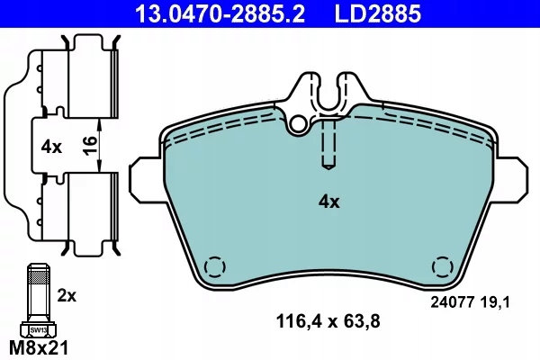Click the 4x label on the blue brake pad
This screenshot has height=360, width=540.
pyautogui.click(x=328, y=202)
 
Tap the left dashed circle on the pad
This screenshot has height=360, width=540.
pyautogui.click(x=214, y=268)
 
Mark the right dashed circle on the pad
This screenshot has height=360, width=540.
pyautogui.click(x=442, y=268)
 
